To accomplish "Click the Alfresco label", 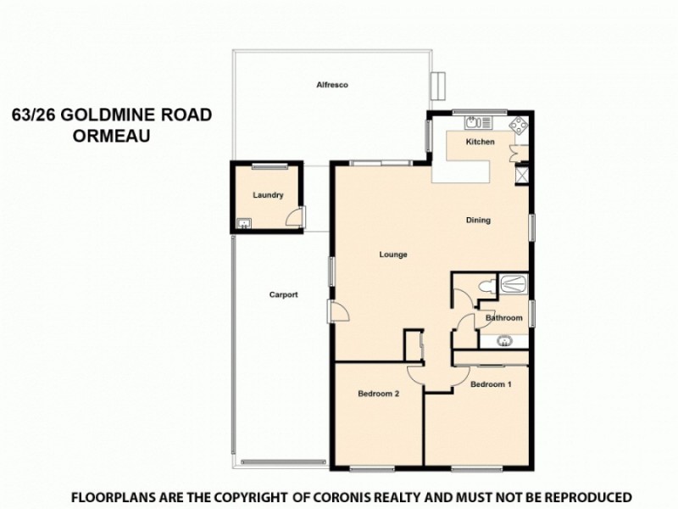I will click(x=333, y=86).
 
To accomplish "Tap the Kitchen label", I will click(x=480, y=143).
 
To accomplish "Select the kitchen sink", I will click(x=468, y=121).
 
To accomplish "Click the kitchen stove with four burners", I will click(x=517, y=125).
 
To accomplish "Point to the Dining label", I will click(x=478, y=221).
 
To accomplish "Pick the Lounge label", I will click(x=394, y=255).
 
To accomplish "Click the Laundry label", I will click(x=267, y=195).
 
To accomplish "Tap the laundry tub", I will click(x=244, y=224).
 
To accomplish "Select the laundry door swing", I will click(x=292, y=218).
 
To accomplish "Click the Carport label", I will click(x=283, y=295).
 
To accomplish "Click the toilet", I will click(x=486, y=286).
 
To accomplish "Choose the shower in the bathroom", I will click(x=514, y=283).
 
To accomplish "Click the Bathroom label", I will click(x=503, y=318).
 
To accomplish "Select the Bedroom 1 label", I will click(x=491, y=384).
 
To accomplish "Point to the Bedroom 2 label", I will click(x=378, y=394).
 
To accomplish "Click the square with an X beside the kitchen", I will click(x=522, y=175).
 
